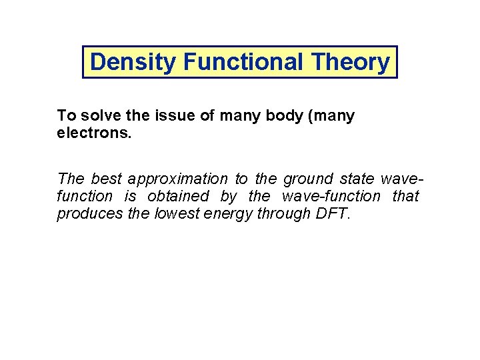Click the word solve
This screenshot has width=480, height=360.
click(x=97, y=116)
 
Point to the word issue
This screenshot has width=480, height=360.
click(x=173, y=116)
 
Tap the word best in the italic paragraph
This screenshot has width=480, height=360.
click(x=105, y=179)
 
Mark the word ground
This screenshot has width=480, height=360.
click(x=308, y=179)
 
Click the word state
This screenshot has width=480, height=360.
click(x=357, y=179)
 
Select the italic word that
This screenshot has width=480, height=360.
click(x=405, y=196)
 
